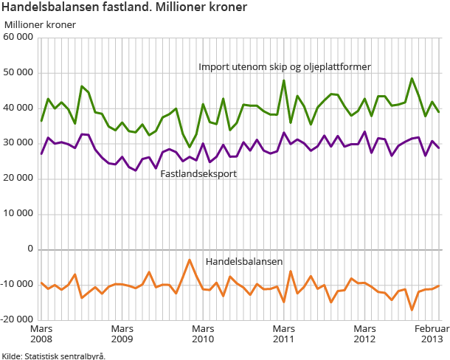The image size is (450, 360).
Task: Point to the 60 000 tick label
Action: coord(18,38)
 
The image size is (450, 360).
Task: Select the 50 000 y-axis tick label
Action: coord(18,73)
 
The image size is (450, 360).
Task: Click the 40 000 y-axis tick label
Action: coord(18,108)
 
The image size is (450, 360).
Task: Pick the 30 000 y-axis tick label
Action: coord(18,144)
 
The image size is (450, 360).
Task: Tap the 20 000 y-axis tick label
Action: coord(18,179)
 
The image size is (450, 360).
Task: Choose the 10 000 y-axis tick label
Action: coord(18,215)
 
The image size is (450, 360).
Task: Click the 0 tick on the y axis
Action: coord(30,250)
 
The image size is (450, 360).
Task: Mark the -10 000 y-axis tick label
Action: coord(17,285)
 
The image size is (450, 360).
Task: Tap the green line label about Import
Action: coord(284,67)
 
